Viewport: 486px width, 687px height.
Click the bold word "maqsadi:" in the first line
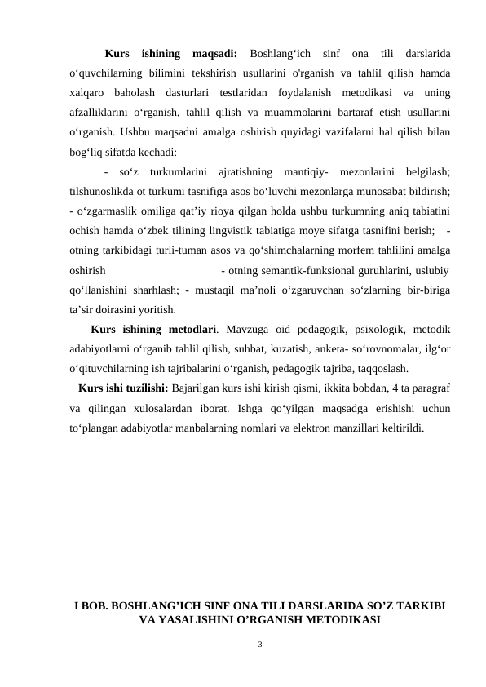point(214,54)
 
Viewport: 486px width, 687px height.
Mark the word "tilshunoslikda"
point(104,190)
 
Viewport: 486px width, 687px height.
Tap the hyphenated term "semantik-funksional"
point(312,268)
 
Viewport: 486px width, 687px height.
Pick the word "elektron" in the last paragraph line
point(306,426)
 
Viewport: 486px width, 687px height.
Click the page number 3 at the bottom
point(259,645)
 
